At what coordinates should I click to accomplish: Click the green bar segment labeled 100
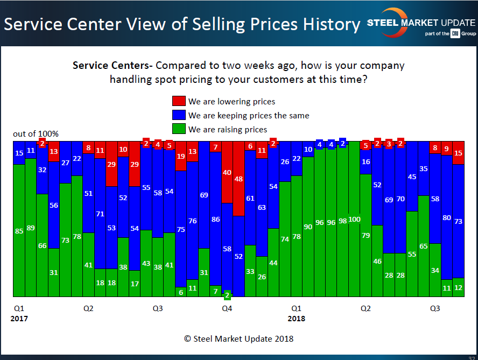354,219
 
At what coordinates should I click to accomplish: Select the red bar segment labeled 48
238,179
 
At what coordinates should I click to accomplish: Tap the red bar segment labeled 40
227,172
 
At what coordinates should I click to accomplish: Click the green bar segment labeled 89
31,227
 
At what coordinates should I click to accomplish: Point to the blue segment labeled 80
447,217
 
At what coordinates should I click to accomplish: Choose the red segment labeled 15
458,153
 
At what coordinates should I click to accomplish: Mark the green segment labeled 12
458,287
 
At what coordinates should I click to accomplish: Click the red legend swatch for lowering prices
179,101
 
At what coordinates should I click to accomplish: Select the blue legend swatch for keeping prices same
179,115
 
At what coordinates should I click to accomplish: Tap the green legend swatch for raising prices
179,129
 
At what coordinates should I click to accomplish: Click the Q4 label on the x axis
227,309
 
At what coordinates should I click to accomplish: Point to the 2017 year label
19,319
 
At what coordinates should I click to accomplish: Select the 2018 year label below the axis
296,319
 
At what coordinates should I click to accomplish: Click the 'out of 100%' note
36,133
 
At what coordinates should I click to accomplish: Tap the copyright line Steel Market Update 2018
239,338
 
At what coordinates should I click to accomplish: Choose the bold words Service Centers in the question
111,66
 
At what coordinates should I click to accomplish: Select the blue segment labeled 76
192,221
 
